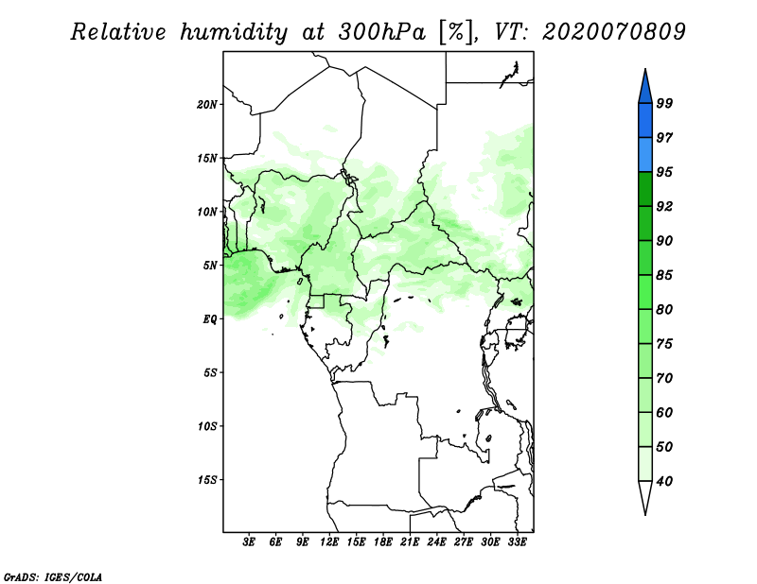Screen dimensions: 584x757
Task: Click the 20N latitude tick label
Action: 207,104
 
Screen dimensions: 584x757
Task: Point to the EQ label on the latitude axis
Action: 209,318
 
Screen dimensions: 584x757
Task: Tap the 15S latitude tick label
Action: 207,479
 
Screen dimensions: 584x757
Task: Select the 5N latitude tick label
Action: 210,265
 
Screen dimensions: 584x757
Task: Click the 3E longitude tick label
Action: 249,543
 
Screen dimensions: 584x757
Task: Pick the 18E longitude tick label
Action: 382,543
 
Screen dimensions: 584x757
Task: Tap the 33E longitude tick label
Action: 517,543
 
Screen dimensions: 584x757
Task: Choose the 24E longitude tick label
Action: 436,543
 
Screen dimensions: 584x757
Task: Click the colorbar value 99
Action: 664,103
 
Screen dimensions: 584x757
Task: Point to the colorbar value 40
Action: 664,481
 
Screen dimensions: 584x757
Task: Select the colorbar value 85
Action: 664,275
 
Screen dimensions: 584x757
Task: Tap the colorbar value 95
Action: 664,172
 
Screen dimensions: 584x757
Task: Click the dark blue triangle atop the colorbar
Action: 645,86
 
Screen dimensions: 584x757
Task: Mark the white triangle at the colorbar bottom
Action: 645,497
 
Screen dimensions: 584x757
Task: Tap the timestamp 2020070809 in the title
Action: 614,31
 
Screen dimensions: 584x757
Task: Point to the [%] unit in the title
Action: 454,31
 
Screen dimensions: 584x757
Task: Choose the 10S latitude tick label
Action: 207,425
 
